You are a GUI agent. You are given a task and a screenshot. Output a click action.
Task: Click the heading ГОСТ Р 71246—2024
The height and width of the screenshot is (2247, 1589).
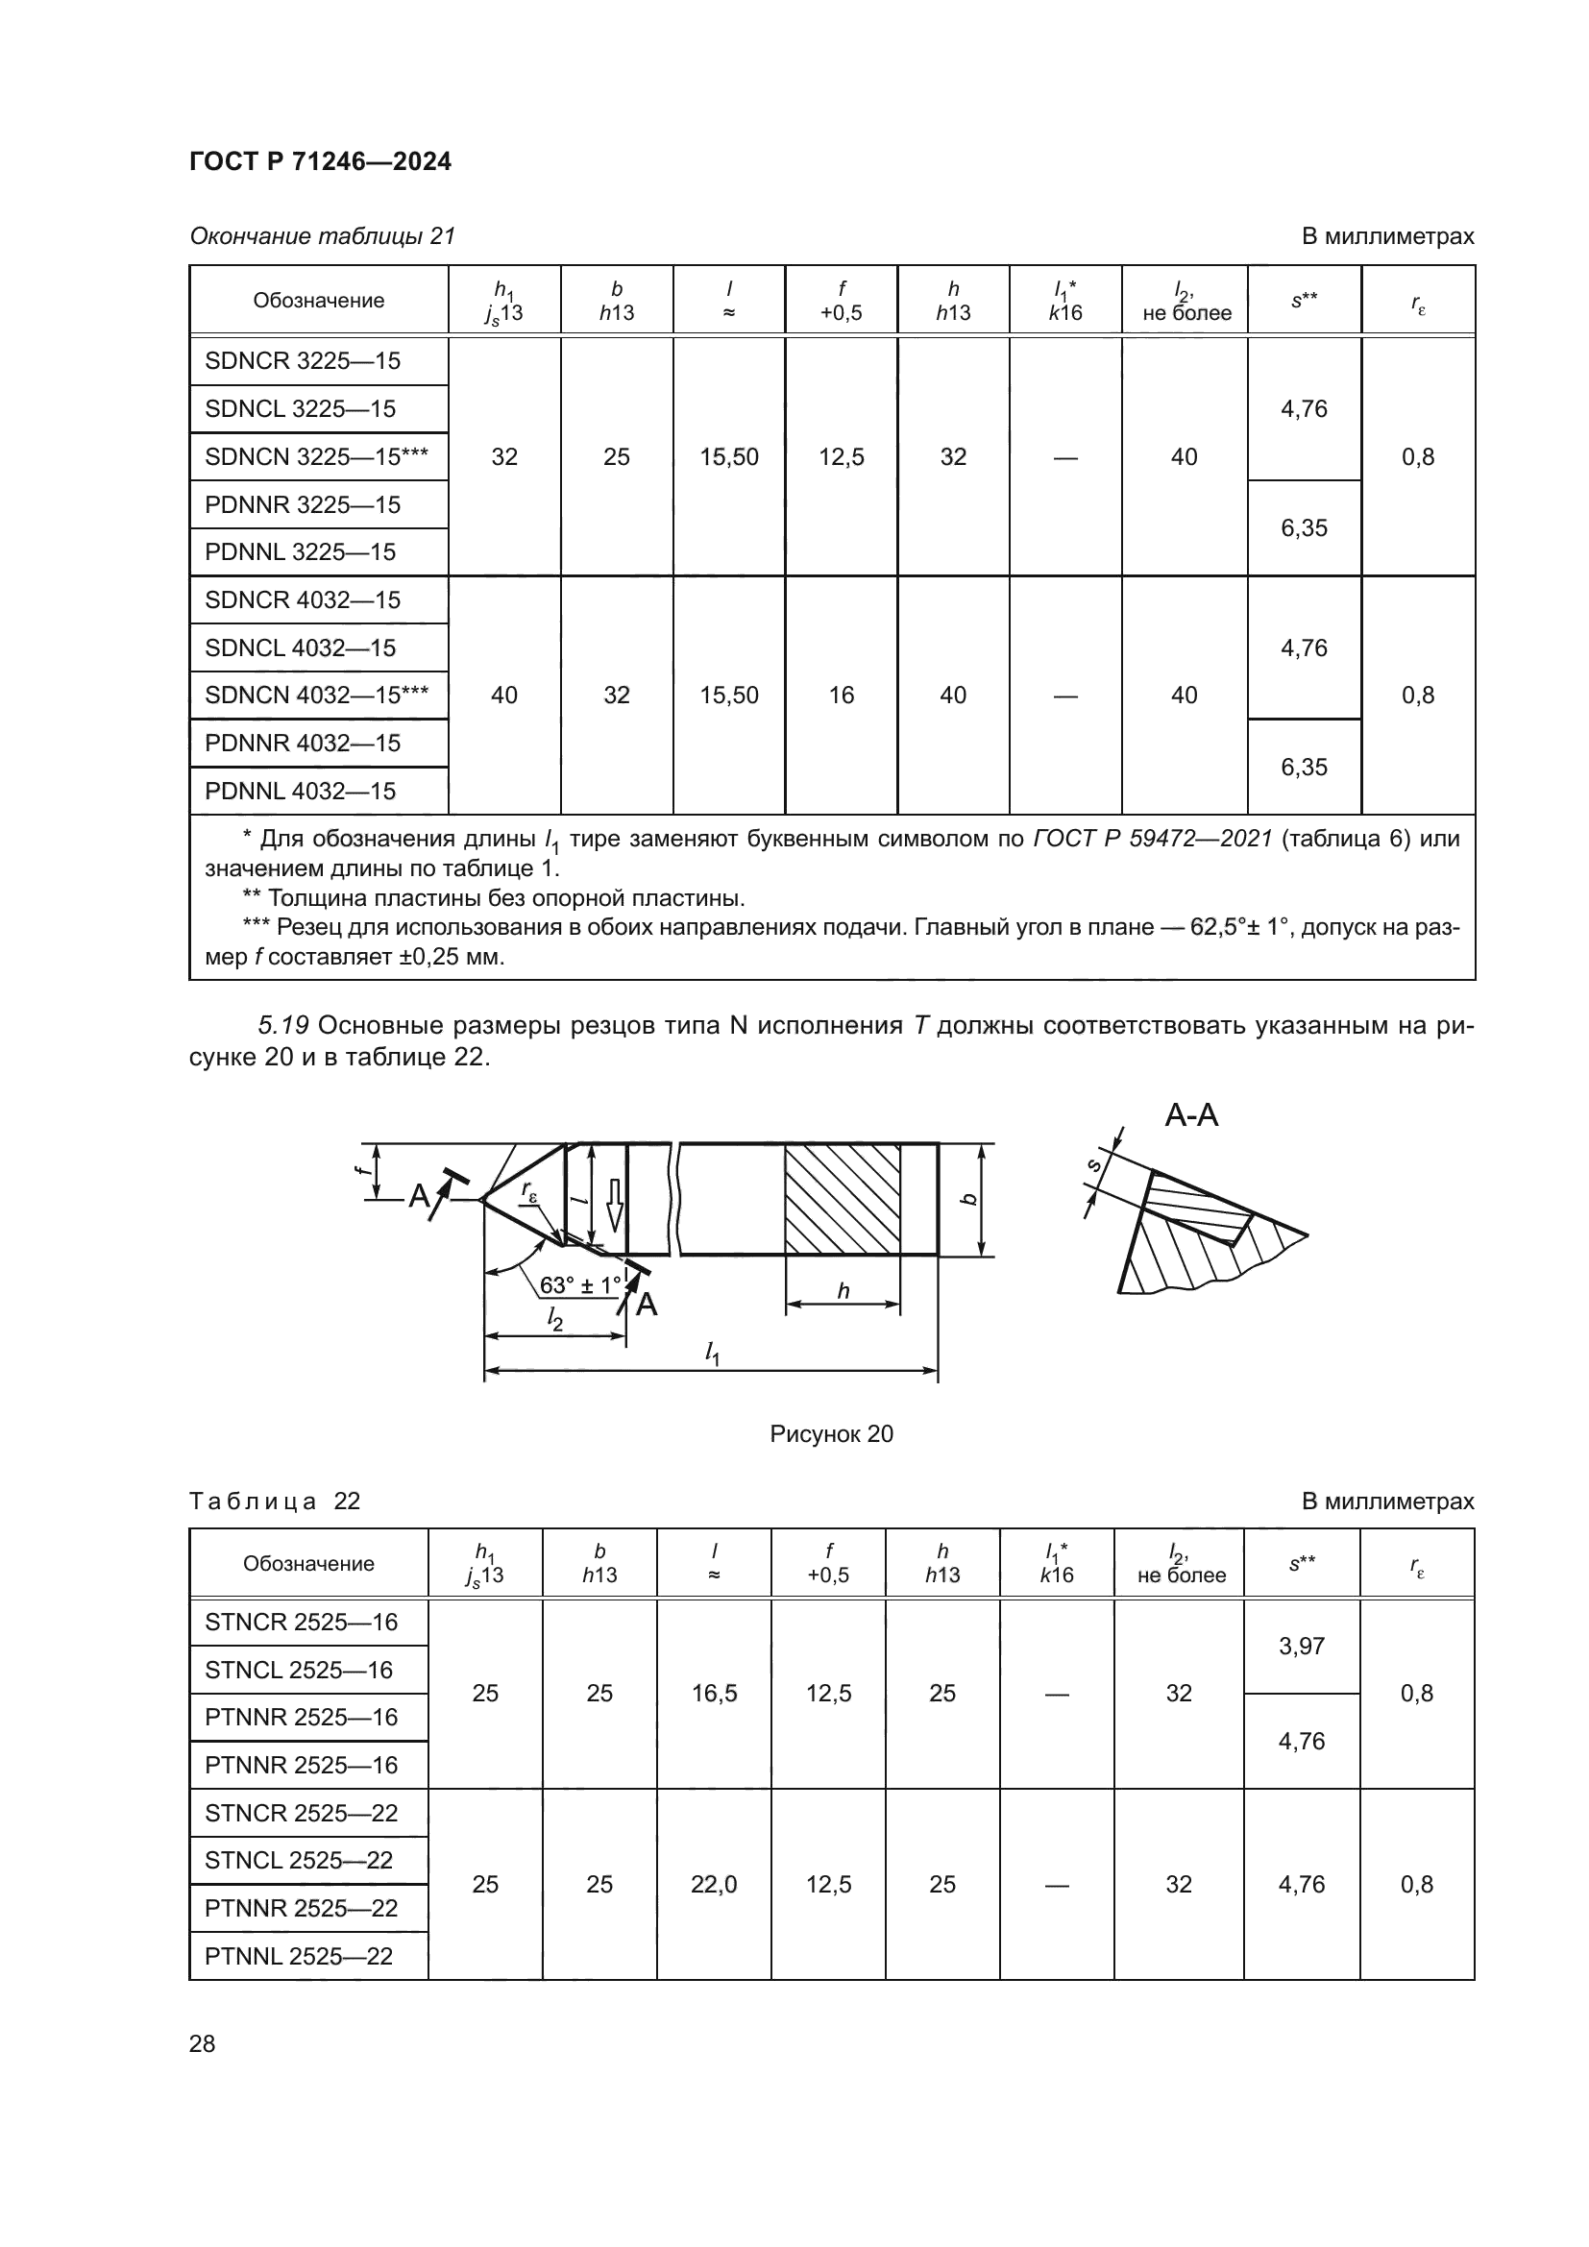(320, 161)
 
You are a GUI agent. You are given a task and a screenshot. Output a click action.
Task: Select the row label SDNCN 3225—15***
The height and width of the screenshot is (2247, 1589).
(316, 456)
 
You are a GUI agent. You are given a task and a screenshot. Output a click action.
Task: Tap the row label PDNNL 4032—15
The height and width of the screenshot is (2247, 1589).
(300, 791)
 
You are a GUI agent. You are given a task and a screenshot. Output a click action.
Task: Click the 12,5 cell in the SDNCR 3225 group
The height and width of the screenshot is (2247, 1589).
(841, 457)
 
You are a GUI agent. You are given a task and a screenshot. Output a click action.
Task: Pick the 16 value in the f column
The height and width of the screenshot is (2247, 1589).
(841, 696)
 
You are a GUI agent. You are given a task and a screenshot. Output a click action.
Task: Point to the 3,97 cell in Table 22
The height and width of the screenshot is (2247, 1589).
(1301, 1647)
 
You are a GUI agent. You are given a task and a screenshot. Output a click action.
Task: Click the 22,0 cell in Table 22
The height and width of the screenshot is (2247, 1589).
(713, 1884)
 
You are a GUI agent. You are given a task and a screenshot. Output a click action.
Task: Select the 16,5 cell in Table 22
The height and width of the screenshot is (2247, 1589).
(713, 1693)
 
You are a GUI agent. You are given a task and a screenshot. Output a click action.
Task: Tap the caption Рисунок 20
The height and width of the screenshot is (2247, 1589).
(831, 1433)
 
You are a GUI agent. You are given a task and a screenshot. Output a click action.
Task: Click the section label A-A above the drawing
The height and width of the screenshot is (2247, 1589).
(1190, 1114)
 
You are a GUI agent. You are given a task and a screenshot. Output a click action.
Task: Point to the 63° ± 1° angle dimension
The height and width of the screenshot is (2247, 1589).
(580, 1284)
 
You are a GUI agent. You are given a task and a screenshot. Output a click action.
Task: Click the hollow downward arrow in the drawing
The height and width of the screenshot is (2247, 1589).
(615, 1205)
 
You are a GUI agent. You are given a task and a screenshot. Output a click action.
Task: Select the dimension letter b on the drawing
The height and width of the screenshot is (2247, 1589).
(968, 1199)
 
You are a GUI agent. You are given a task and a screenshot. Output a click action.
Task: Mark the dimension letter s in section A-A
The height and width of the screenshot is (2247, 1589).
(1094, 1164)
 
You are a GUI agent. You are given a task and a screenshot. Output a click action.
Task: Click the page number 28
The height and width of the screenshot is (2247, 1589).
(202, 2043)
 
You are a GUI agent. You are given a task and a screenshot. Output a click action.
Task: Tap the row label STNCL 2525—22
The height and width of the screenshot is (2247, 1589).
(299, 1860)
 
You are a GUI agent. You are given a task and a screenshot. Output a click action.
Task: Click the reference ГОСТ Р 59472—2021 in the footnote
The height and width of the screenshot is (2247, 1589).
(1152, 839)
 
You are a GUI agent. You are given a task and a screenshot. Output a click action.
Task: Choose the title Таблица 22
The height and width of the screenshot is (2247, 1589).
(274, 1502)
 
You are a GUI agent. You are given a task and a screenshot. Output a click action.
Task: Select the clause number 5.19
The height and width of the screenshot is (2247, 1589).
(282, 1026)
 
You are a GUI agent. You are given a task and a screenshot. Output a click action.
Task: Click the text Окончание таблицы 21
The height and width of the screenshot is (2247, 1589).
(322, 236)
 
